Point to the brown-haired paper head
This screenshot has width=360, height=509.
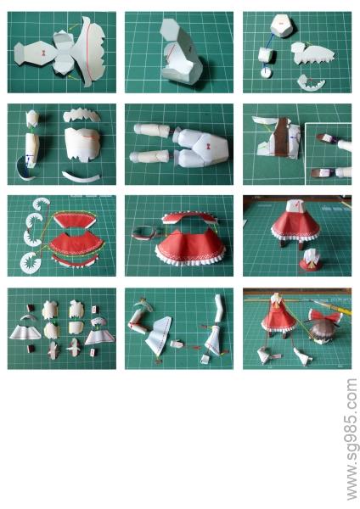coord(322,332)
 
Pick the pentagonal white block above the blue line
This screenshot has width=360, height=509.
coord(283,25)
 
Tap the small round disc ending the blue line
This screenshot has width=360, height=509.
coord(267,73)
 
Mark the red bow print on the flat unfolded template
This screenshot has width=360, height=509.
coord(43,53)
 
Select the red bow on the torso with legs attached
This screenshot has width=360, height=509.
coord(209,147)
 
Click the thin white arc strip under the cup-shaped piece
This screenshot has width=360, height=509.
coord(82,176)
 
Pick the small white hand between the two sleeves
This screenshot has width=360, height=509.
coord(176,344)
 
